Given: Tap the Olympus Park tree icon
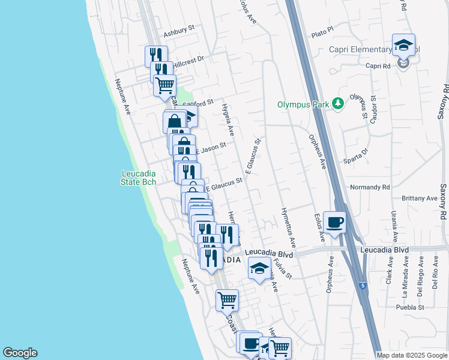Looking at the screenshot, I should tap(338, 104).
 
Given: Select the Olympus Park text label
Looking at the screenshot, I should tap(303, 104).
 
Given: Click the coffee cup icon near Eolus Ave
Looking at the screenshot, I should tap(334, 222).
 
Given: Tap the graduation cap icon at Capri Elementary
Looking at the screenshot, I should tap(403, 45).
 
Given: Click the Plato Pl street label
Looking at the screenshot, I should tap(322, 28).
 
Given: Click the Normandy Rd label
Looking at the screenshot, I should tap(370, 187).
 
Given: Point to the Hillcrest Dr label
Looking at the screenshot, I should tap(189, 59).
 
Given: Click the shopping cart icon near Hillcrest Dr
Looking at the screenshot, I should tap(164, 85).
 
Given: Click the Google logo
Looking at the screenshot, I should tap(20, 353).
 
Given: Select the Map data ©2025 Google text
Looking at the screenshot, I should tap(412, 355).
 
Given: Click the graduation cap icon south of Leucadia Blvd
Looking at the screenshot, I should tap(259, 268).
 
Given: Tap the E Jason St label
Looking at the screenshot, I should tap(211, 147).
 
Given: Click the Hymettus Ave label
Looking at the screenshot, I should tap(288, 228).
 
